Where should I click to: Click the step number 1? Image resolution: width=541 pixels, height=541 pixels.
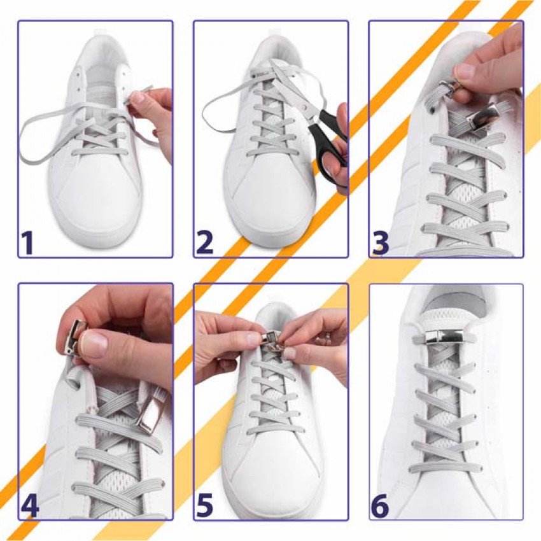click(x=27, y=243)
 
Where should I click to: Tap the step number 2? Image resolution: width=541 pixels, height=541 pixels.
click(x=204, y=243)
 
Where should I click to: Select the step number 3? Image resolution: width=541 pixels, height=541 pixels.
click(x=381, y=243)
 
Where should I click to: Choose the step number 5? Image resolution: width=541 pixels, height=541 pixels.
click(x=204, y=506)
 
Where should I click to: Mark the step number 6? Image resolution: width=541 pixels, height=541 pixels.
click(x=380, y=506)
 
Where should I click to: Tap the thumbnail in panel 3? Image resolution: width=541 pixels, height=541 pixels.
click(x=464, y=71)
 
